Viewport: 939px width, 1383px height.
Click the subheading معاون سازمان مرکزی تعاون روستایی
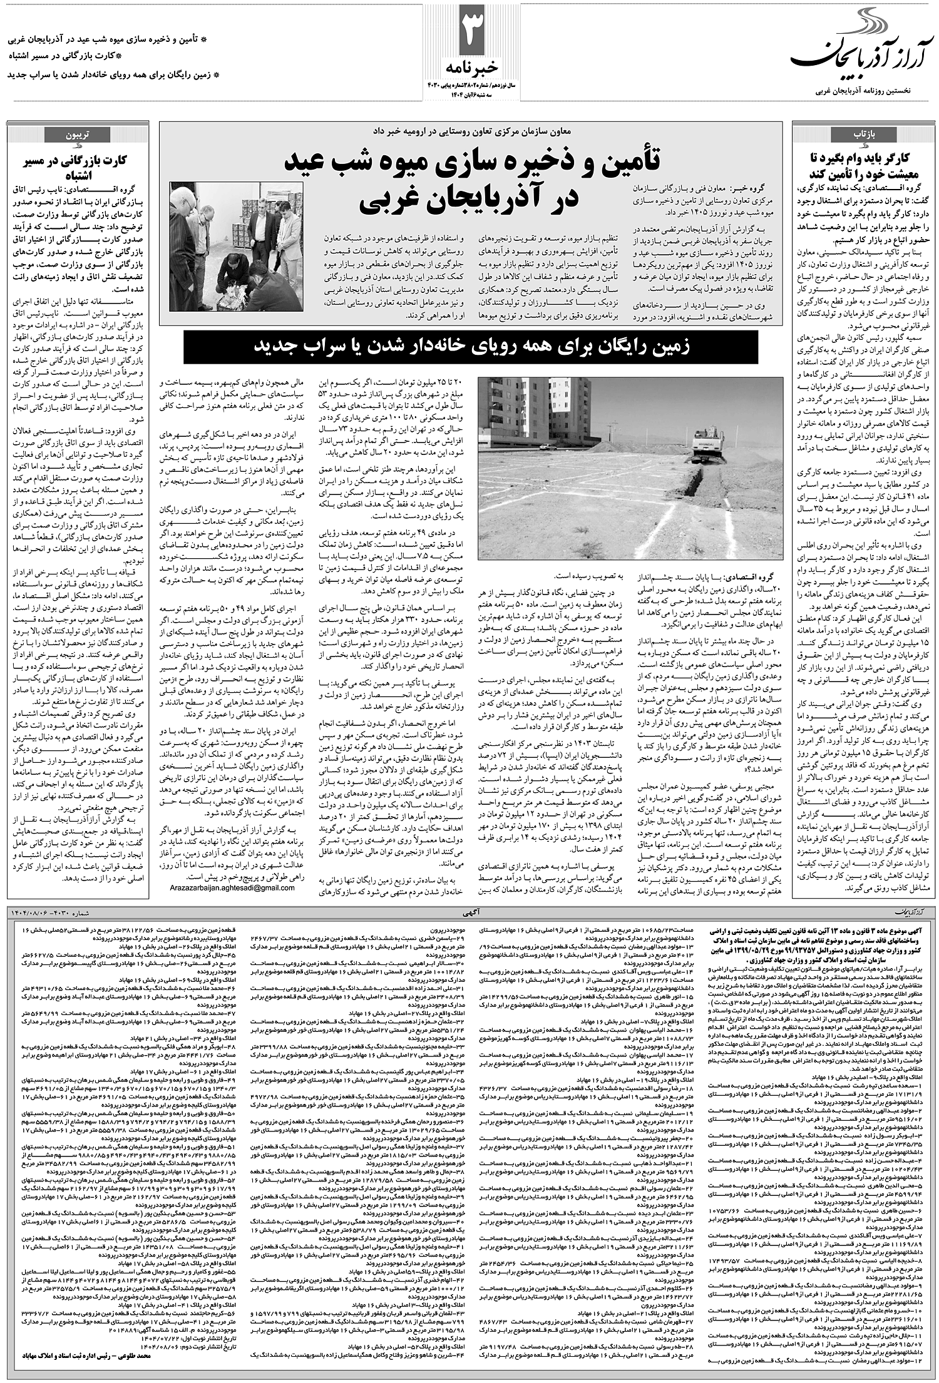coord(471,130)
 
